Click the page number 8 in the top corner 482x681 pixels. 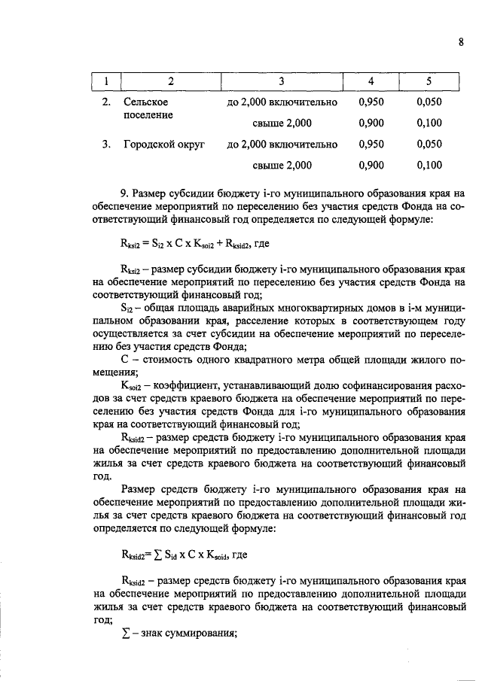[x=460, y=42]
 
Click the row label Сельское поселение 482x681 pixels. [x=148, y=108]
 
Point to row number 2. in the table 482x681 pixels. [x=106, y=102]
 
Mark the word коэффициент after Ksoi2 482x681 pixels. [x=193, y=385]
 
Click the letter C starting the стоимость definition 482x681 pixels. [x=124, y=360]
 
